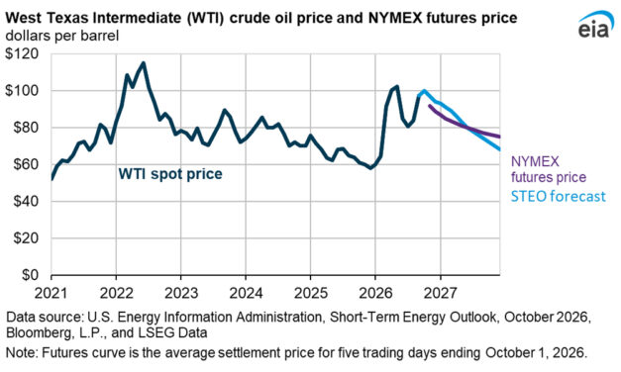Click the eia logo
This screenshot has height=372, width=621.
595,26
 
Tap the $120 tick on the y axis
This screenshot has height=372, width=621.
22,53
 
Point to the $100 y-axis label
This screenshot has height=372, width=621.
22,91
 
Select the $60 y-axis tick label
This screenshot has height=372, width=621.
26,164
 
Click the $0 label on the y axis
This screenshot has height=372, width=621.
30,275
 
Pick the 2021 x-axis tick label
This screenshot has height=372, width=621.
52,293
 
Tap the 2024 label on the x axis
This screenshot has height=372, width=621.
246,293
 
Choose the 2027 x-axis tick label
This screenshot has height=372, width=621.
440,293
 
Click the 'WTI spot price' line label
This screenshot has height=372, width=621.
170,174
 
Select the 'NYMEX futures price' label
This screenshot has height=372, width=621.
549,169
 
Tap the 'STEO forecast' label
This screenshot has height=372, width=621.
558,196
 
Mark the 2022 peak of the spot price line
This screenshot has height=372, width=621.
144,62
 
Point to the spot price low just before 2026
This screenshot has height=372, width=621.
370,168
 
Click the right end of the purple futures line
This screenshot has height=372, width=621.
499,137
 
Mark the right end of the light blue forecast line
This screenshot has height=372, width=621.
499,149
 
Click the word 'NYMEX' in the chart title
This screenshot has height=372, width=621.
395,18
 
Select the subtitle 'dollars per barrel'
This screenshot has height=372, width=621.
62,36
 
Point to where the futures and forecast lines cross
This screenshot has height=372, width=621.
468,128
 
